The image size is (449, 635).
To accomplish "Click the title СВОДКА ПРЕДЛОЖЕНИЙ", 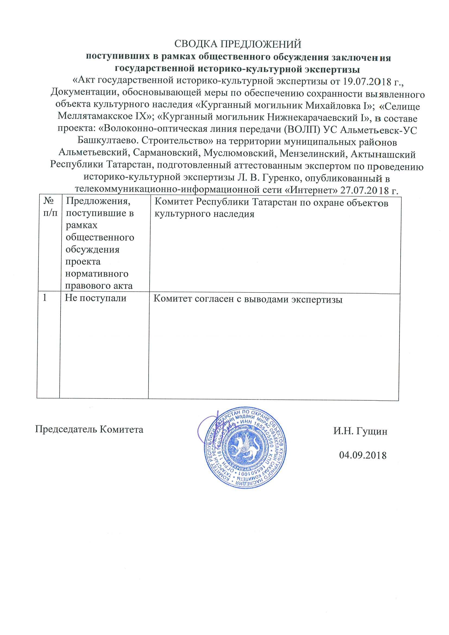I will (x=238, y=44).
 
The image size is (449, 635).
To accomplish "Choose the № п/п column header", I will (x=50, y=207).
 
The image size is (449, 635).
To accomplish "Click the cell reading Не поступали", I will (x=95, y=298).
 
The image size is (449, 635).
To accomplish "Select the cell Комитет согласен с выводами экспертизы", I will (x=248, y=299).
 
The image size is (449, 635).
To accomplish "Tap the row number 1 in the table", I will (x=45, y=298).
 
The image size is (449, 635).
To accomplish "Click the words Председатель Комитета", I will (x=89, y=429).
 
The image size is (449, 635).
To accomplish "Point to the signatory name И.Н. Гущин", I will (x=360, y=431).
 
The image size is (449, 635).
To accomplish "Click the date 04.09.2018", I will (x=363, y=455).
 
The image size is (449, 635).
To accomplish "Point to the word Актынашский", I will (x=383, y=154).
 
